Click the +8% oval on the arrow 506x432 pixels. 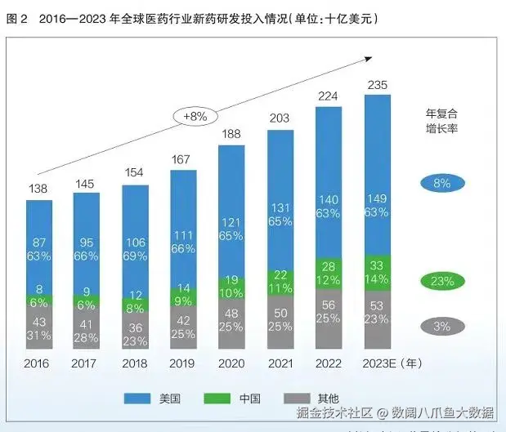tap(195, 117)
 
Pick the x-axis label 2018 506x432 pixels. tap(135, 363)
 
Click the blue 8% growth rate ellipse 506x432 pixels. tap(442, 183)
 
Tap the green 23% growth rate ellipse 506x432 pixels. tap(442, 281)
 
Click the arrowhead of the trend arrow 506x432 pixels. tap(369, 60)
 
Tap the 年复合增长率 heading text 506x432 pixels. tap(442, 121)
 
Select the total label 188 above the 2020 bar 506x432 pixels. tap(231, 134)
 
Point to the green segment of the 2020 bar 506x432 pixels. tap(231, 287)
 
